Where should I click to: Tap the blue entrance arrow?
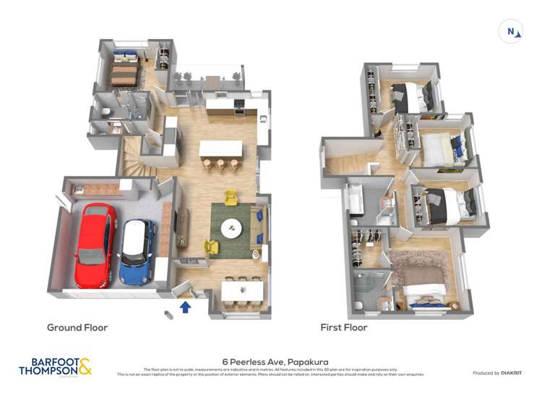(x=185, y=307)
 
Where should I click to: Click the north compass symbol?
(x=511, y=31)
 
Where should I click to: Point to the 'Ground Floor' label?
(x=77, y=328)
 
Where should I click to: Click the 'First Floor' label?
(x=344, y=328)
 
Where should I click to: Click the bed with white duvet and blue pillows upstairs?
(x=438, y=148)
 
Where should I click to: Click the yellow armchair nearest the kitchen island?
(x=231, y=196)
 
